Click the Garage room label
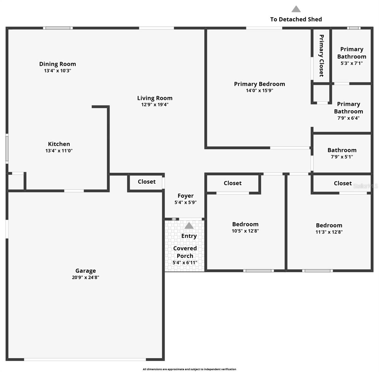(x=86, y=271)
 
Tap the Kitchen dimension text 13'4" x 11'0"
(x=59, y=151)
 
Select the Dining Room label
(x=57, y=64)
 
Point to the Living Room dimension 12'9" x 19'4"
(x=155, y=104)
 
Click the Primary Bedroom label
(x=259, y=84)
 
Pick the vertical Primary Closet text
(x=321, y=55)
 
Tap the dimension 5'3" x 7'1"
(x=352, y=63)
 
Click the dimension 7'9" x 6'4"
(x=349, y=118)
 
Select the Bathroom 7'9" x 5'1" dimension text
(x=342, y=157)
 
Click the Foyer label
(x=186, y=196)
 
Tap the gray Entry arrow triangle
(x=189, y=225)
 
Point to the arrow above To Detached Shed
(x=296, y=9)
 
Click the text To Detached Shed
(x=296, y=19)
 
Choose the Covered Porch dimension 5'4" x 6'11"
(x=185, y=263)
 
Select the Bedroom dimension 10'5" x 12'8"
(x=245, y=231)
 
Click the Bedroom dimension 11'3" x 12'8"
(x=329, y=232)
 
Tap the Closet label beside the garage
(x=147, y=182)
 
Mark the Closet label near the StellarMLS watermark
(x=343, y=183)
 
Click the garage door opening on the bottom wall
(x=85, y=359)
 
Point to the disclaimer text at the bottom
(x=189, y=369)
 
